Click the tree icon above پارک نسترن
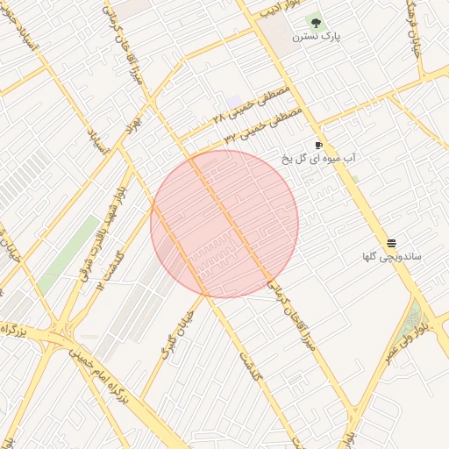pos(316,23)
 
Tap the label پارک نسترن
pos(317,38)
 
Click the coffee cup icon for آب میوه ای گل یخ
pos(318,145)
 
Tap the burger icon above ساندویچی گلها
pos(391,243)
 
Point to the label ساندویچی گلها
pos(392,257)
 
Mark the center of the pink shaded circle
pos(224,224)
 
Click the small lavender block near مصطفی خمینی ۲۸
pos(233,102)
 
